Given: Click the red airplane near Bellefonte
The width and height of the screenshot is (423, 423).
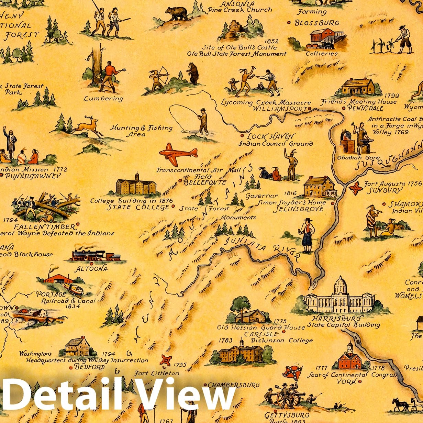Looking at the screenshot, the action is pyautogui.click(x=178, y=153).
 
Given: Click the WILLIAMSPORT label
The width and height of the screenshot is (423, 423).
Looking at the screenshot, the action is pyautogui.click(x=279, y=109).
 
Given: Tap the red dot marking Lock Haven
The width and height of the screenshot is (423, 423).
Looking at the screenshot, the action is pyautogui.click(x=242, y=136).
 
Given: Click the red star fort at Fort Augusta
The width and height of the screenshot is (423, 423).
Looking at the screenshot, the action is pyautogui.click(x=356, y=188).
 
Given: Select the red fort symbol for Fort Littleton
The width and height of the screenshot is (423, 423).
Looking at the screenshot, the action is pyautogui.click(x=166, y=360).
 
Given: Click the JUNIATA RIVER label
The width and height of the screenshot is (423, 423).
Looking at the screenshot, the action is pyautogui.click(x=261, y=248).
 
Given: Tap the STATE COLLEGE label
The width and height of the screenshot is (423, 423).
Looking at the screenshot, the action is pyautogui.click(x=138, y=207).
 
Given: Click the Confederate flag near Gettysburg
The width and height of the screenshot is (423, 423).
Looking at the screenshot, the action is pyautogui.click(x=292, y=372).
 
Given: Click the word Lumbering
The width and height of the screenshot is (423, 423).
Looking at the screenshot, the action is pyautogui.click(x=103, y=99).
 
